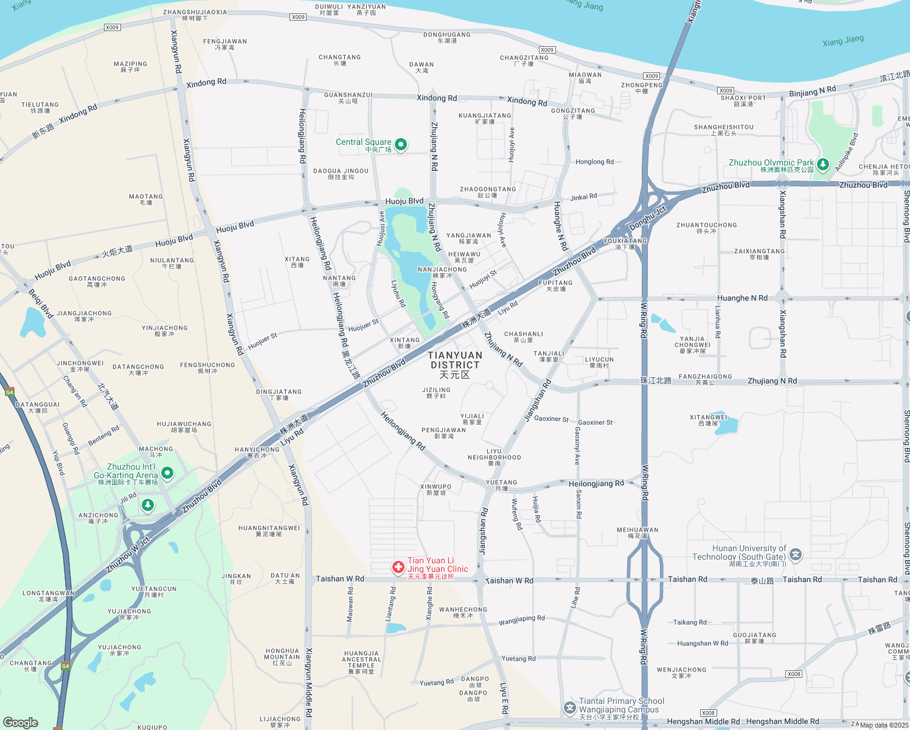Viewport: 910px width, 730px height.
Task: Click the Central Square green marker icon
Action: click(x=401, y=144)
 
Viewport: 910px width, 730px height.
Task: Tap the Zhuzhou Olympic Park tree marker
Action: click(x=823, y=164)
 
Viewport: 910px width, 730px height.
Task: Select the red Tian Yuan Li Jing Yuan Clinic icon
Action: click(x=398, y=568)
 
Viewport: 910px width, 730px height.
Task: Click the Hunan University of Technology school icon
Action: click(x=796, y=554)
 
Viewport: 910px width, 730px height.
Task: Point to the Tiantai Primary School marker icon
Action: click(x=569, y=707)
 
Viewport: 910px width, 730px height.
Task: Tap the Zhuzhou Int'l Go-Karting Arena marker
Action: click(x=167, y=473)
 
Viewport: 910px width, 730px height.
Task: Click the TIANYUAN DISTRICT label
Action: click(x=455, y=364)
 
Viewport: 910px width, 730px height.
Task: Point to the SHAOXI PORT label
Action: click(x=743, y=100)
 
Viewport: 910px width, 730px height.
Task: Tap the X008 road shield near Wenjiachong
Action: click(x=794, y=674)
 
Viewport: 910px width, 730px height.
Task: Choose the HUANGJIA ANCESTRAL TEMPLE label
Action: click(x=361, y=662)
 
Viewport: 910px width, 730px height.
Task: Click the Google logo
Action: click(x=21, y=722)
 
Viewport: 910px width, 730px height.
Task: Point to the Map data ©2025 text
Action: click(x=884, y=725)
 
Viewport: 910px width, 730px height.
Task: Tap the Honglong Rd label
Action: click(x=594, y=162)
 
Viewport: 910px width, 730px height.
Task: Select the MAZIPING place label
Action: click(x=130, y=66)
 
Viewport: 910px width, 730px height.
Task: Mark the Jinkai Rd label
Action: click(x=583, y=197)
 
